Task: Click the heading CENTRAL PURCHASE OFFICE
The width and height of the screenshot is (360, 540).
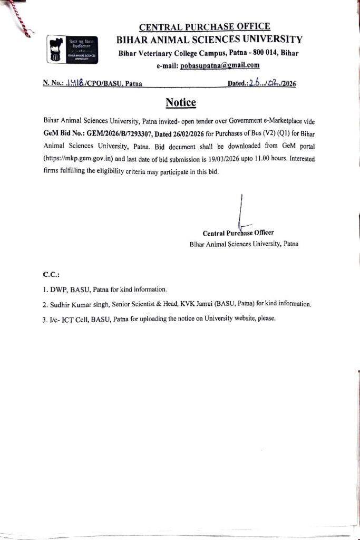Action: [205, 26]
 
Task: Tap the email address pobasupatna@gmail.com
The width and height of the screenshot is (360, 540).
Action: [222, 65]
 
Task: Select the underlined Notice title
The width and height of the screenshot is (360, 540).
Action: [181, 102]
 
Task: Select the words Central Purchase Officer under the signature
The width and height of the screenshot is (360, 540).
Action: [238, 232]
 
